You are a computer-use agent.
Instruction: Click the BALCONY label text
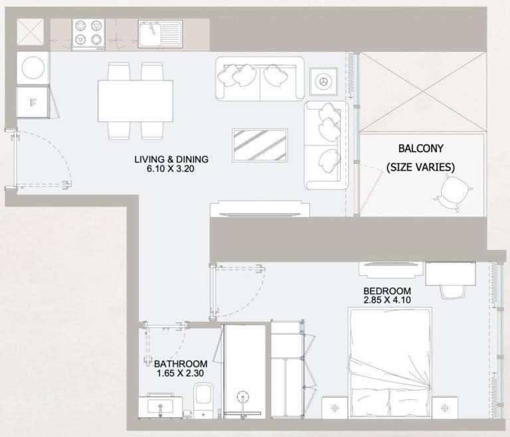[420, 148]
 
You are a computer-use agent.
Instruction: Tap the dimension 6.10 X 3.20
[171, 169]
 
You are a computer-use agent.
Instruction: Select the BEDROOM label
[386, 291]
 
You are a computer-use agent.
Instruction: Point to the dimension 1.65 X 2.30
[181, 374]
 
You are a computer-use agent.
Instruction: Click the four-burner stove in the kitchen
[89, 33]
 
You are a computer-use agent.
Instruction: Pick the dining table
[135, 100]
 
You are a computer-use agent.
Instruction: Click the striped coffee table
[260, 144]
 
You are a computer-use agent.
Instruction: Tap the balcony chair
[453, 195]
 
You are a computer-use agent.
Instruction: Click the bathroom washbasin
[160, 405]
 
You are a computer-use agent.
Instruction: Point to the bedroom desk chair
[452, 290]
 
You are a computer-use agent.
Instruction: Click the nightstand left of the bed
[335, 406]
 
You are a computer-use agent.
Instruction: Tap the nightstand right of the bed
[444, 406]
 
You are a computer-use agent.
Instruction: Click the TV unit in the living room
[259, 210]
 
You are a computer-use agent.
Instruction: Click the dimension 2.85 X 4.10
[386, 300]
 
